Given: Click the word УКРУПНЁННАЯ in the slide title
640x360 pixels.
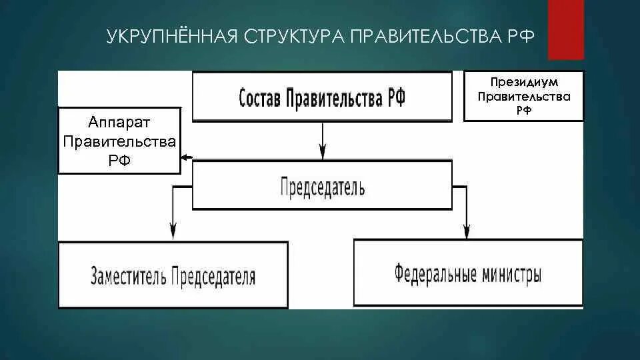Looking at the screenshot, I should pyautogui.click(x=170, y=35).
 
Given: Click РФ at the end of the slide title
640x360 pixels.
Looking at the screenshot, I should pyautogui.click(x=523, y=35).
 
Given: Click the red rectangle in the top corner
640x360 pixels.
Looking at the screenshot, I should pyautogui.click(x=565, y=29).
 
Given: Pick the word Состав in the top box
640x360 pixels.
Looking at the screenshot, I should pyautogui.click(x=259, y=99).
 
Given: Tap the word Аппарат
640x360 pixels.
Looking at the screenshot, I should pyautogui.click(x=119, y=123).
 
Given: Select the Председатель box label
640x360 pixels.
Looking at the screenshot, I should pyautogui.click(x=322, y=186).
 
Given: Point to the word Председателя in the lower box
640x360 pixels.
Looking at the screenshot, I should pyautogui.click(x=213, y=276).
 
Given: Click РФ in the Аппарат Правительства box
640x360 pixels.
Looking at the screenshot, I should pyautogui.click(x=119, y=160).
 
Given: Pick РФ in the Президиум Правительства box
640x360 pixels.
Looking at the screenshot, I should pyautogui.click(x=523, y=109).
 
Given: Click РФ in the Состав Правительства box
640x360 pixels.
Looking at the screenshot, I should pyautogui.click(x=393, y=99).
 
